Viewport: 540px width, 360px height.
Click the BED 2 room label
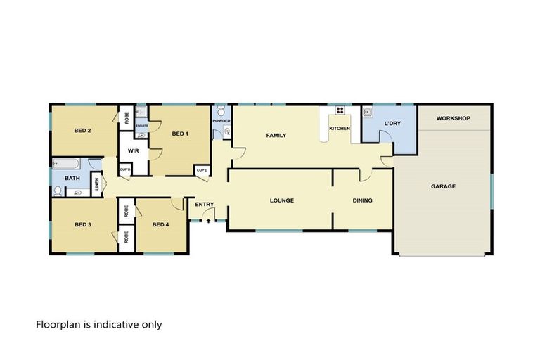(x=84, y=129)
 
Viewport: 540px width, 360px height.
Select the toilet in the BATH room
(x=58, y=190)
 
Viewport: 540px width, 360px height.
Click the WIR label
(x=132, y=150)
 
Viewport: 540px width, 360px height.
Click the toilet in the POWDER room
(x=221, y=110)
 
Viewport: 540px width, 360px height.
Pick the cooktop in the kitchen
(x=340, y=110)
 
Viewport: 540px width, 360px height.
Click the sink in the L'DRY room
(x=367, y=111)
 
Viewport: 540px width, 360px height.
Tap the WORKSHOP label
(x=453, y=118)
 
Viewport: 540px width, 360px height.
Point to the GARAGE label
(x=443, y=186)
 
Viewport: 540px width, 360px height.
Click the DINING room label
(x=362, y=200)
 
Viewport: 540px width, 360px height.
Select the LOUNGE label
(x=281, y=200)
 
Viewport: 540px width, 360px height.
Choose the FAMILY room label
(x=276, y=135)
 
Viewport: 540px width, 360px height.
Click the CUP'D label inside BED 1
(x=202, y=170)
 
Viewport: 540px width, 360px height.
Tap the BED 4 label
(x=162, y=224)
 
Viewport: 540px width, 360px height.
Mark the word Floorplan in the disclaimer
(x=58, y=325)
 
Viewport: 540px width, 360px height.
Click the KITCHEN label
(x=340, y=129)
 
